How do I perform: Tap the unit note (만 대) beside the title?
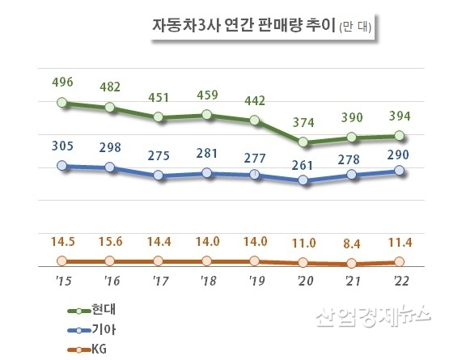pos(353,27)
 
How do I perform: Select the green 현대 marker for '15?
pos(63,103)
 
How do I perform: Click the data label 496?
pos(62,81)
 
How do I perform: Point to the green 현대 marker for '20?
pos(303,142)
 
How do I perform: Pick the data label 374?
pos(304,122)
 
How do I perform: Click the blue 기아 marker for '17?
pos(159,176)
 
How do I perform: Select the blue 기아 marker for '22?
pos(400,170)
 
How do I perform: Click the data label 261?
pos(304,160)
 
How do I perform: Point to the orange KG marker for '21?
pos(351,263)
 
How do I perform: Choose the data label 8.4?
pos(352,241)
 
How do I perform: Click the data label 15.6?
pos(111,239)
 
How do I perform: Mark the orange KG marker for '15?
pos(63,260)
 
